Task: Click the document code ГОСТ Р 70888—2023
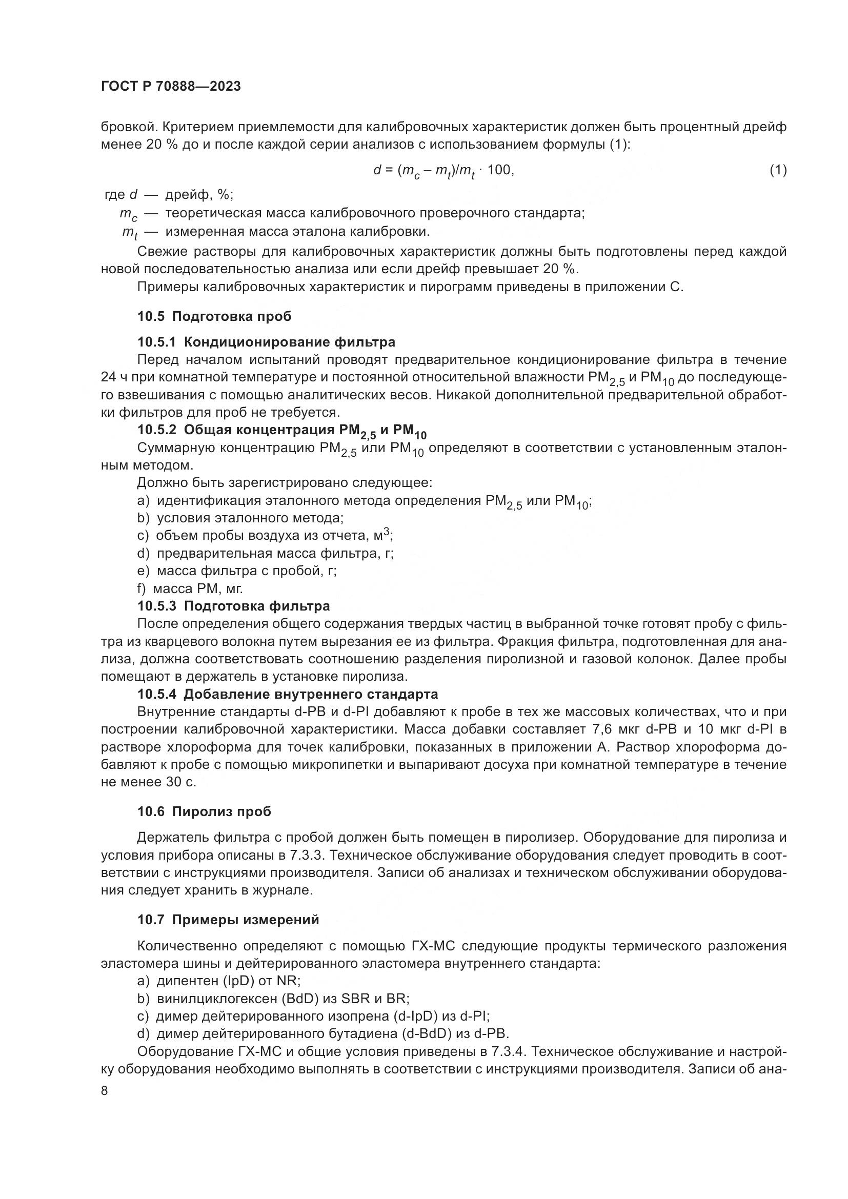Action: pyautogui.click(x=171, y=87)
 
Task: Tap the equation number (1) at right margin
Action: pyautogui.click(x=778, y=170)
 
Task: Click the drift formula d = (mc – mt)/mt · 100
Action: pyautogui.click(x=443, y=171)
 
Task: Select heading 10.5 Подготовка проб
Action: pyautogui.click(x=215, y=316)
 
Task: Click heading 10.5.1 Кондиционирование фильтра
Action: pyautogui.click(x=266, y=342)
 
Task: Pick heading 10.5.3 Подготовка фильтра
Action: pyautogui.click(x=233, y=606)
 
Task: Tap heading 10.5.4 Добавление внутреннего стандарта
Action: pyautogui.click(x=288, y=694)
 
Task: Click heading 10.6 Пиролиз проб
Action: pyautogui.click(x=204, y=811)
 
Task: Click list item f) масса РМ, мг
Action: pyautogui.click(x=190, y=588)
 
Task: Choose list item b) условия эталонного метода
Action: pyautogui.click(x=240, y=518)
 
